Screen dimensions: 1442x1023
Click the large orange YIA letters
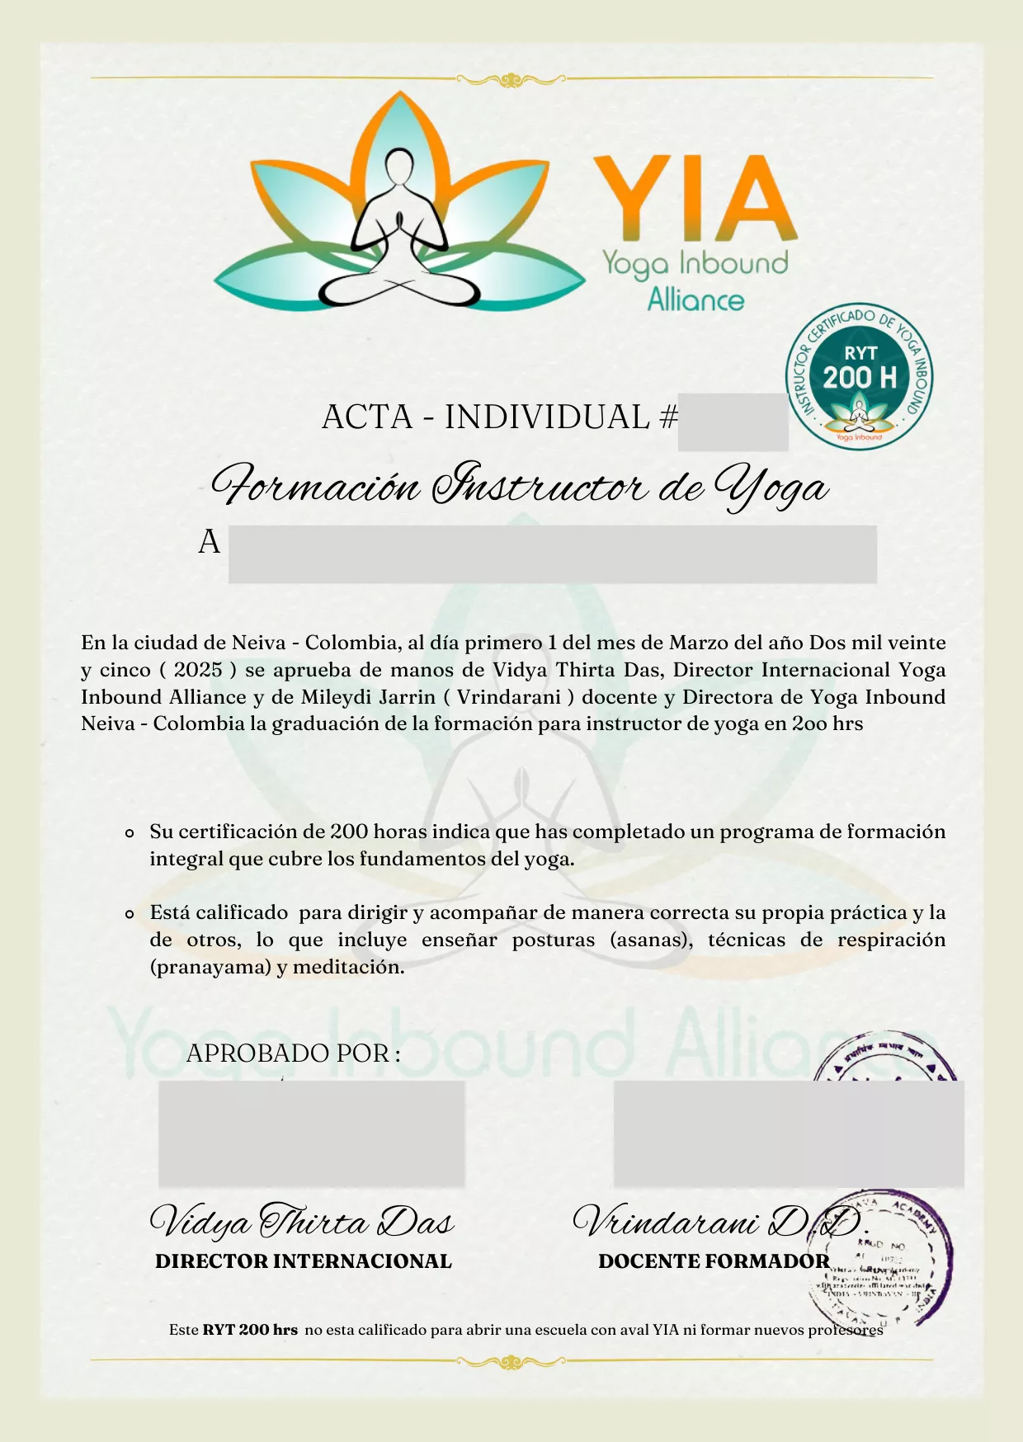695,198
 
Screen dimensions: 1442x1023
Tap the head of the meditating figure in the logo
400,168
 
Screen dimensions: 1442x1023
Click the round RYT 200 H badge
860,376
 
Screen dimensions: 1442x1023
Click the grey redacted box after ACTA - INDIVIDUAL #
733,422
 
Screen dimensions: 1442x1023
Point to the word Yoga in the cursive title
771,487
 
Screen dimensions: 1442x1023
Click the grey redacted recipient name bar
552,554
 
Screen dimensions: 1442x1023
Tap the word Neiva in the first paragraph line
258,643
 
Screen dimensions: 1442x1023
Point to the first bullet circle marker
130,833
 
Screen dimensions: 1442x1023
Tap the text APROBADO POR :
294,1053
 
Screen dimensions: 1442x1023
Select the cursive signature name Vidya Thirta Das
302,1222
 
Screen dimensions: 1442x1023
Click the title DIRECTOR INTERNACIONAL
304,1261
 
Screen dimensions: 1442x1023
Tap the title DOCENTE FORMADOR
714,1261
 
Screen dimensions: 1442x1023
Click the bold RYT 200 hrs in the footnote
250,1330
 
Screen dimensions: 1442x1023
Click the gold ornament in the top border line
511,80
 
